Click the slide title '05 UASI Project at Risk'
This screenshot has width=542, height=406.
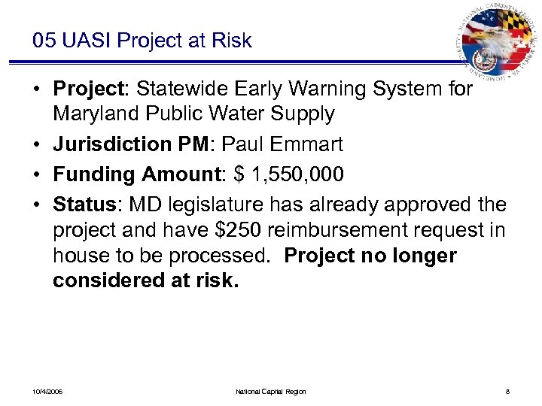[x=142, y=41]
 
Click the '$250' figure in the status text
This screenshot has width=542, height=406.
[x=209, y=230]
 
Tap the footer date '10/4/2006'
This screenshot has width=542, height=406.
[x=48, y=392]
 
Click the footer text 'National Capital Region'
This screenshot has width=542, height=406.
[x=271, y=392]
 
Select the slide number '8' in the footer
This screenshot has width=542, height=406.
[x=508, y=392]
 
